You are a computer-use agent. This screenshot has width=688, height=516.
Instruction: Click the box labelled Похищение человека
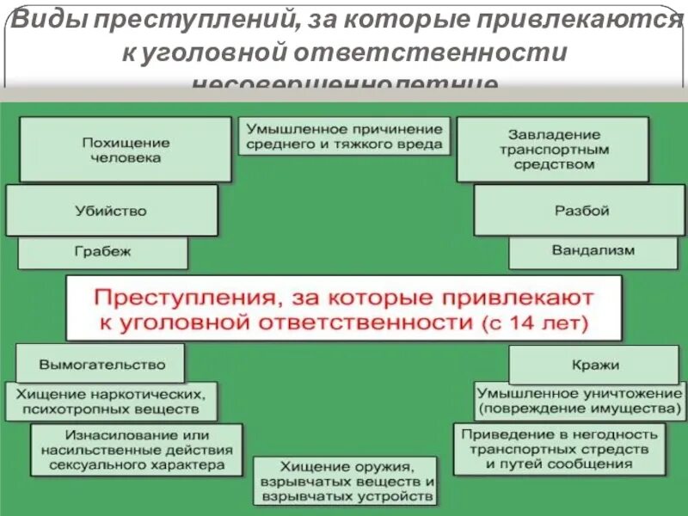126,150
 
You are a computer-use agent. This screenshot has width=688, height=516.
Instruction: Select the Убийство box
112,211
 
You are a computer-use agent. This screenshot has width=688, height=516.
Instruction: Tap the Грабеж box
102,253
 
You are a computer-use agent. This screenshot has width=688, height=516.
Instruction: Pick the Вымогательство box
101,364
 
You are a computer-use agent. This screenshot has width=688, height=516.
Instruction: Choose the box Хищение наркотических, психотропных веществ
111,401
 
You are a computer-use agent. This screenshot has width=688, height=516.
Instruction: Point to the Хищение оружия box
345,482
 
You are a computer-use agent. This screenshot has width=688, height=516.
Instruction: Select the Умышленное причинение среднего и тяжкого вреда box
344,136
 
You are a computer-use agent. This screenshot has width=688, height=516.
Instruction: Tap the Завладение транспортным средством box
552,150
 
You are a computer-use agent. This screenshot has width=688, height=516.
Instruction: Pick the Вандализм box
593,251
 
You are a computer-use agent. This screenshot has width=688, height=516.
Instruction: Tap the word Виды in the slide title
47,19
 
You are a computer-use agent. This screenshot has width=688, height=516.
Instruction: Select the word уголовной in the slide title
213,52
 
